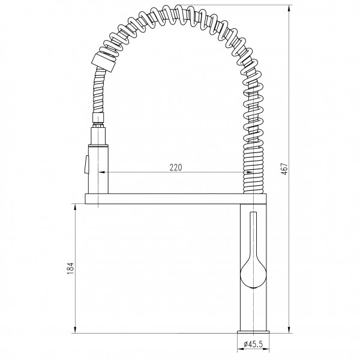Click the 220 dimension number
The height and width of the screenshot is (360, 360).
(x=176, y=167)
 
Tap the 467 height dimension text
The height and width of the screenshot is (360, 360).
(x=284, y=169)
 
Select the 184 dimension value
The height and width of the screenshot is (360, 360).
(x=70, y=268)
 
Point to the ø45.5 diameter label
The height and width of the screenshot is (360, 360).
(x=253, y=344)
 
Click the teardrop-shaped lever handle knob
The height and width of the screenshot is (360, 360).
(x=253, y=274)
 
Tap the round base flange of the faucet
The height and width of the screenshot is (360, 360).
(x=253, y=332)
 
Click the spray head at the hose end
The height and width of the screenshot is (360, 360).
(x=104, y=62)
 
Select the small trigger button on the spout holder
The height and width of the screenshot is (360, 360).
(x=86, y=164)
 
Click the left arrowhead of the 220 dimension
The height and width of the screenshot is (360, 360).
(x=102, y=172)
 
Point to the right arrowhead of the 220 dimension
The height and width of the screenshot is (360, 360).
(x=250, y=172)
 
